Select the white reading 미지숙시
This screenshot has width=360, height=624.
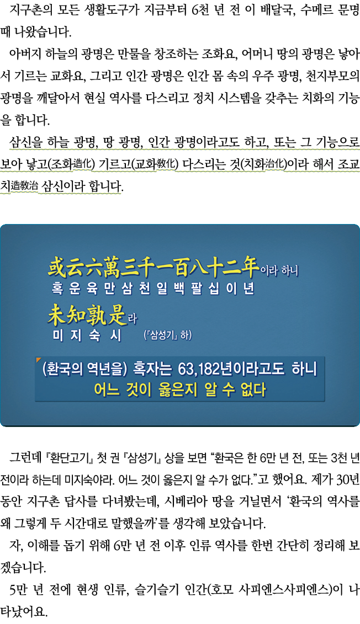[x=87, y=335]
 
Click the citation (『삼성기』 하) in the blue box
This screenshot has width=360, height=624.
[x=168, y=335]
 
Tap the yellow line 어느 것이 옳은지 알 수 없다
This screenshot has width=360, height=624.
[x=180, y=390]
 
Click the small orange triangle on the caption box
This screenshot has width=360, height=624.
[x=39, y=360]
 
